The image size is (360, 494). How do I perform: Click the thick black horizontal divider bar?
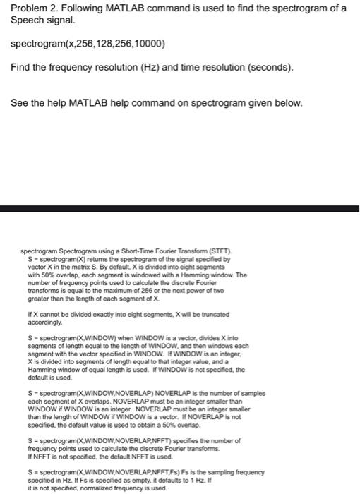(180, 209)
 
